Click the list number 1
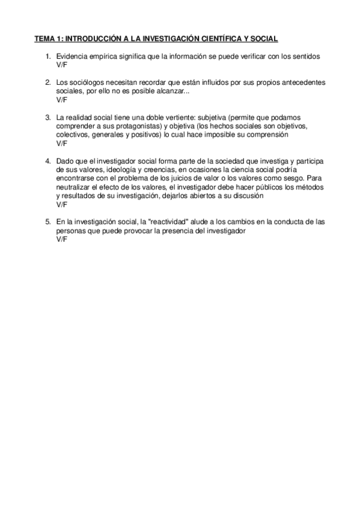point(47,56)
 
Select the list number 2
point(47,81)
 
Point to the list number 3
point(47,117)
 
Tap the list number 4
point(47,162)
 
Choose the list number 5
point(47,222)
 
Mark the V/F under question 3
point(62,144)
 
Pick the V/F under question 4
point(62,205)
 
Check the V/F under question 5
point(62,240)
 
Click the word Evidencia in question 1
point(73,56)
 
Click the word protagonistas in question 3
point(133,126)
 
